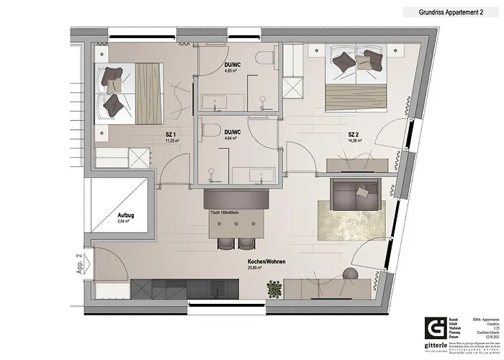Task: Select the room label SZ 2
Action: coord(354,134)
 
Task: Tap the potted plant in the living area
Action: coord(273,289)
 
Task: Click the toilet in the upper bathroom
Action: coord(265,58)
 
